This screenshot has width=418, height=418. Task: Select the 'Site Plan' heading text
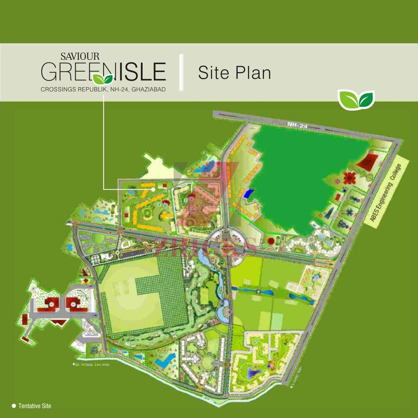pos(234,73)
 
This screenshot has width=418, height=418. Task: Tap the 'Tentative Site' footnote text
pos(35,406)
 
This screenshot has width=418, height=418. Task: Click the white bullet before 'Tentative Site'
pos(14,406)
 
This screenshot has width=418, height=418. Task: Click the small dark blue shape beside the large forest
pos(247,194)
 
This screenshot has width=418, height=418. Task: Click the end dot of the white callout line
pos(153,189)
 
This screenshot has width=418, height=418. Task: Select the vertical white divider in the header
pos(181,73)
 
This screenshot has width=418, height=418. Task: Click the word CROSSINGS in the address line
pos(57,89)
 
